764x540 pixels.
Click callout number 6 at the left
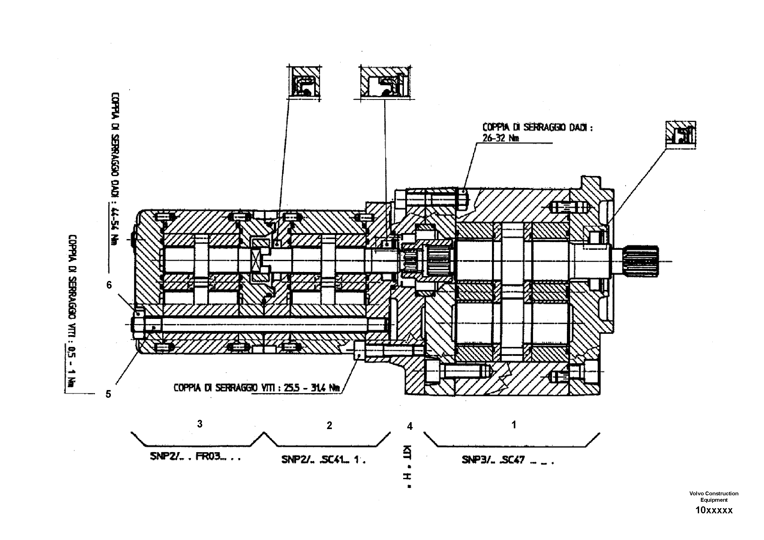click(x=109, y=285)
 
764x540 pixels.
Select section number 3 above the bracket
click(x=200, y=424)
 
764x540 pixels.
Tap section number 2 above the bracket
click(x=330, y=425)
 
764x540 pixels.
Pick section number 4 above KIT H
click(x=410, y=426)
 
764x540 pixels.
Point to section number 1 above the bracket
click(x=514, y=424)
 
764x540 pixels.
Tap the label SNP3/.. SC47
click(x=507, y=460)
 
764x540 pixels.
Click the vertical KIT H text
click(x=409, y=466)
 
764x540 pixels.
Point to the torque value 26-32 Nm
click(x=500, y=138)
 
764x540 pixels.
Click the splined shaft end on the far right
click(x=641, y=261)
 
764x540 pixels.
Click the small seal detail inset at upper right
click(x=681, y=134)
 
